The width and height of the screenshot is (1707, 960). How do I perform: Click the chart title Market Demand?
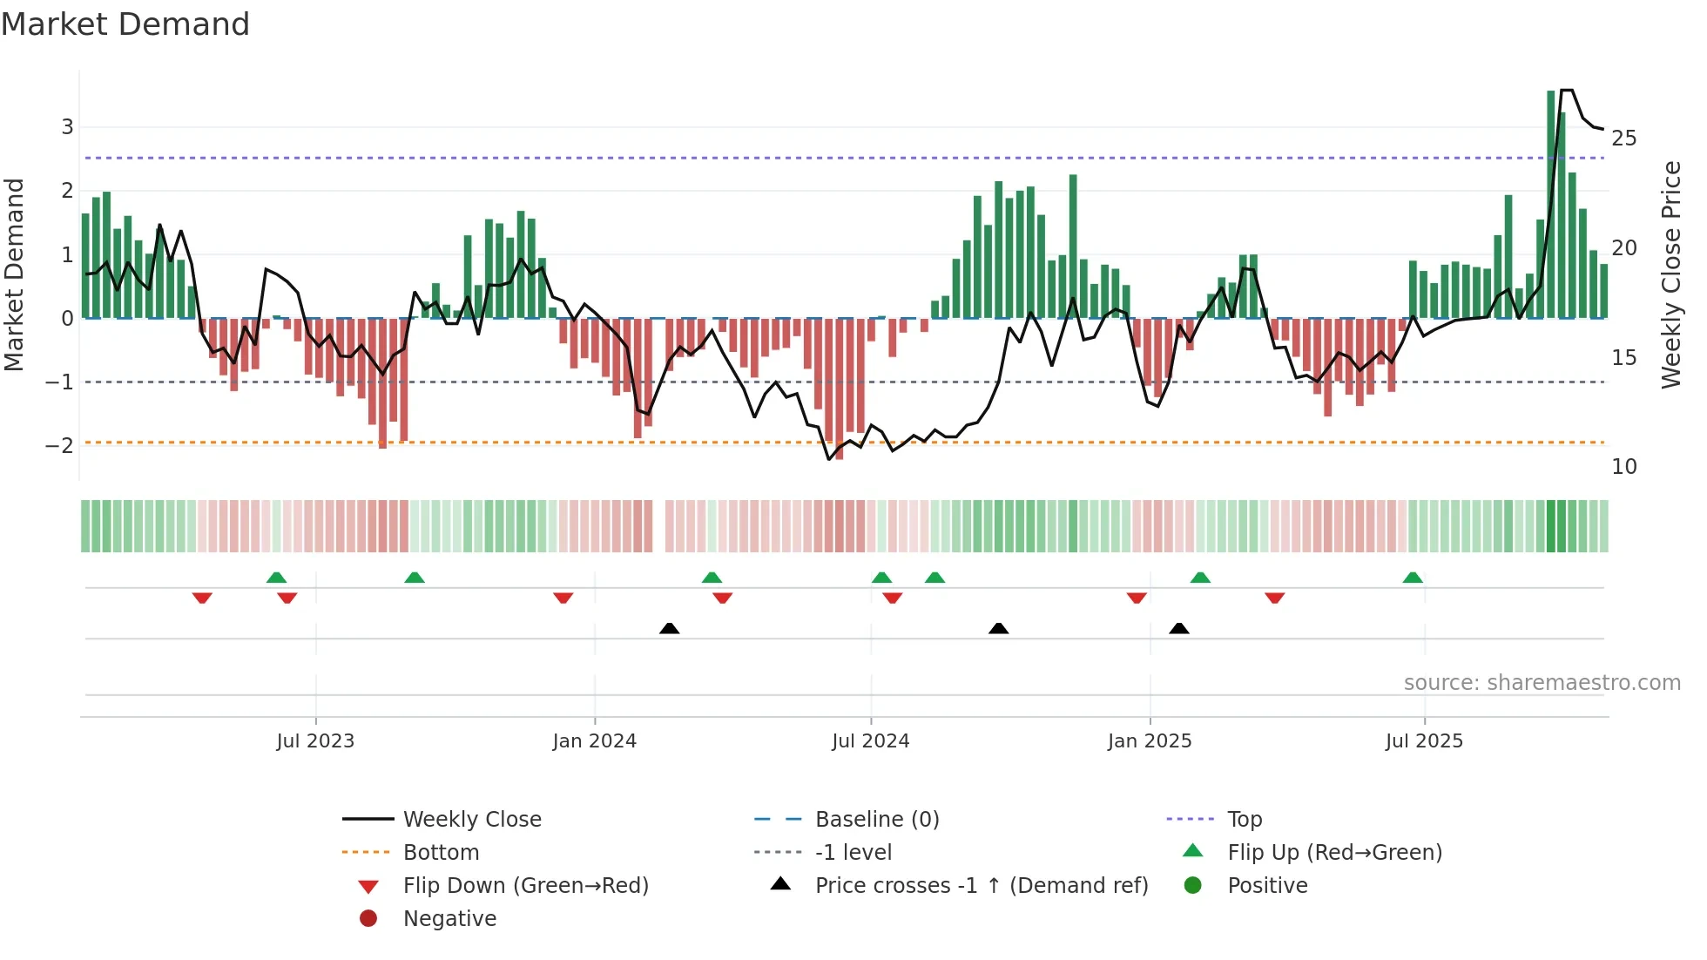(125, 24)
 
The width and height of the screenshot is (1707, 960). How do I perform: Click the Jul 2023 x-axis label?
(315, 741)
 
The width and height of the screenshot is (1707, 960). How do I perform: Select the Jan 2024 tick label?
(594, 741)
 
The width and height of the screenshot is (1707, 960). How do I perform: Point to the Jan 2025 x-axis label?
(1150, 741)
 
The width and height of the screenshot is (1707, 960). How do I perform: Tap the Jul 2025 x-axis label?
(1424, 741)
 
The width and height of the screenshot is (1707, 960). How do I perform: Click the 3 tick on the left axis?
(67, 127)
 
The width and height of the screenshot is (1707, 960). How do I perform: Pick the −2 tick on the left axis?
(59, 446)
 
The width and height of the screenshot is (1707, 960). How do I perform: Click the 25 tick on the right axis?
(1623, 139)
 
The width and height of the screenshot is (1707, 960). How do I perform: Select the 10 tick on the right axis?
(1623, 467)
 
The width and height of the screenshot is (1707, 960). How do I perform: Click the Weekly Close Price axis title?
(1670, 274)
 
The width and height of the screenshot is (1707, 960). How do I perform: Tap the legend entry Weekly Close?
(471, 820)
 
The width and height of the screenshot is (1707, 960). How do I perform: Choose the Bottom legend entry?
(441, 853)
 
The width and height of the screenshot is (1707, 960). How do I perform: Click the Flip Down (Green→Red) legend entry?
(525, 886)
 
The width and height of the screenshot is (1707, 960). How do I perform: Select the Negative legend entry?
(449, 919)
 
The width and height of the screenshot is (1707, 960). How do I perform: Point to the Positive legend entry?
(1267, 886)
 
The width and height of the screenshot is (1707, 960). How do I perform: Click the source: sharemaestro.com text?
(1542, 683)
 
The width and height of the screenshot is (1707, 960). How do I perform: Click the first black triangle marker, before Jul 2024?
(669, 628)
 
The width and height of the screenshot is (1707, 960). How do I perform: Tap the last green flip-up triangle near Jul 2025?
(1413, 578)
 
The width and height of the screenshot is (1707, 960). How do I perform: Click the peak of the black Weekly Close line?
(1566, 90)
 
